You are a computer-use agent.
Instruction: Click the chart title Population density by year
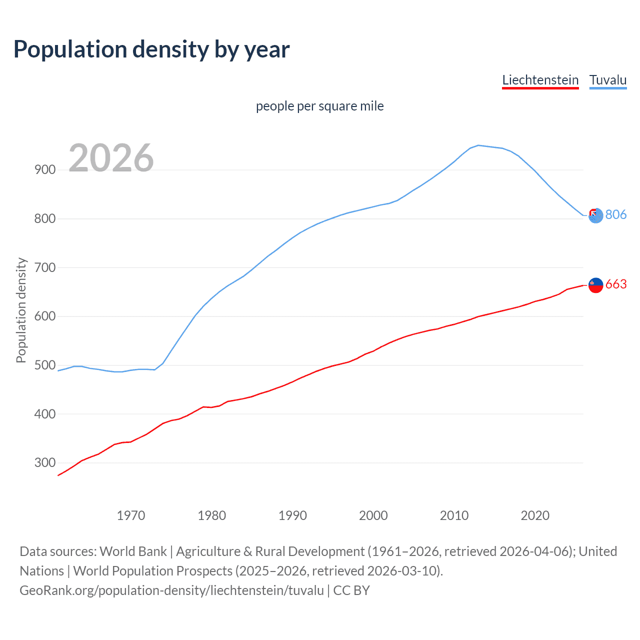pos(151,49)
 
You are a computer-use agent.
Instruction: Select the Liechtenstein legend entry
pos(540,80)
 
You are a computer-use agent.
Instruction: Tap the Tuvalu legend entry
pos(607,80)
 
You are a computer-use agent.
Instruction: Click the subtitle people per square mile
pos(319,106)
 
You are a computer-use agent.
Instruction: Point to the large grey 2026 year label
pos(111,158)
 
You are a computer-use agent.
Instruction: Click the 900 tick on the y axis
pos(45,169)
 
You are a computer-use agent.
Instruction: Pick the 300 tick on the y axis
pos(45,463)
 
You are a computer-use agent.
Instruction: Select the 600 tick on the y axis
pos(45,316)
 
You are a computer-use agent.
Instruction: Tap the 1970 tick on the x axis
pos(130,515)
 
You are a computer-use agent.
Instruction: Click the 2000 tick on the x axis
pos(373,515)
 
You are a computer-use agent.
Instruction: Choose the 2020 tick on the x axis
pos(535,515)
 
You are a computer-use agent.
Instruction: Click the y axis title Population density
pos(21,310)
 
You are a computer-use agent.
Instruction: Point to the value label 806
pos(615,214)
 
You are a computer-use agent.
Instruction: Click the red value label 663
pos(615,284)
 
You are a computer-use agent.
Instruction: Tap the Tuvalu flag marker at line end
pos(595,215)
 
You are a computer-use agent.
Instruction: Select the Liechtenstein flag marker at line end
pos(595,285)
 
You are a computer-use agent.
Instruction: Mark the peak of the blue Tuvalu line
pos(478,145)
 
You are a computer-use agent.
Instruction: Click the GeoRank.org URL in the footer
pos(171,590)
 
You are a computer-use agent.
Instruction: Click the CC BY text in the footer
pos(351,590)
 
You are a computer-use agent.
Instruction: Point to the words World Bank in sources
pos(133,551)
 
